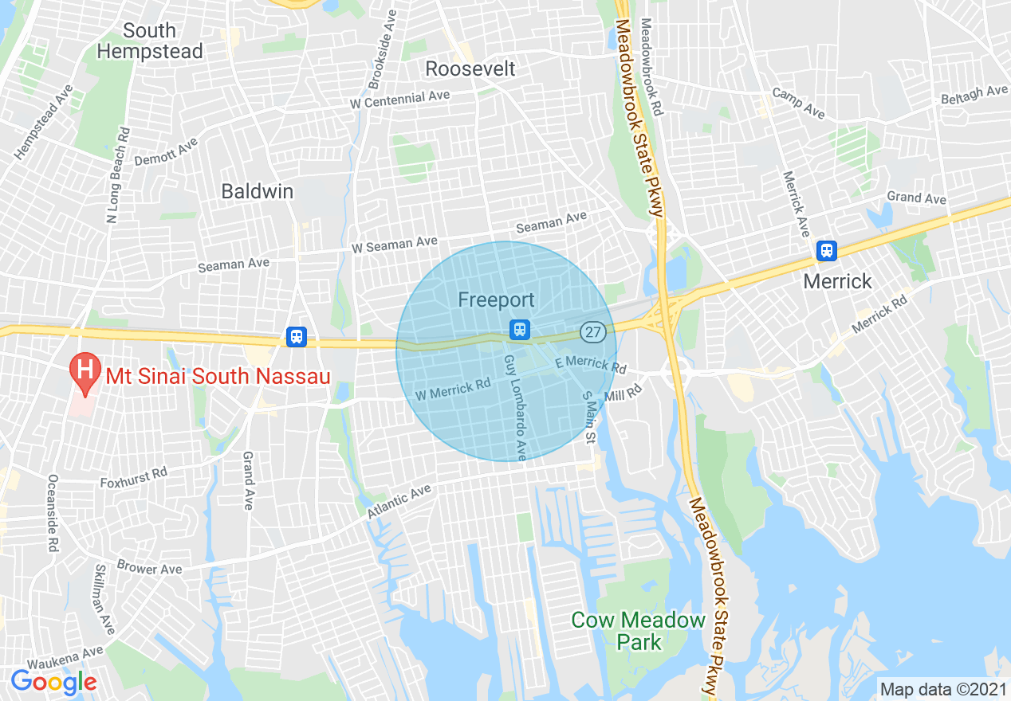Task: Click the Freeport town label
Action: click(496, 300)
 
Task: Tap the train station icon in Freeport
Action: click(520, 328)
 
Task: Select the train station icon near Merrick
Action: click(827, 251)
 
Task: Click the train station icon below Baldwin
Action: click(297, 337)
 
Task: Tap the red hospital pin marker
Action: click(83, 372)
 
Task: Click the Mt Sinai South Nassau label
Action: click(223, 377)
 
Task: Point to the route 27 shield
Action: click(592, 332)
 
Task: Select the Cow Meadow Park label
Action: click(639, 630)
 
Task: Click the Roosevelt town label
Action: click(470, 69)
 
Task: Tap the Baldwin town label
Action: click(258, 191)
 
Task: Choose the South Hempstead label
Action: click(150, 41)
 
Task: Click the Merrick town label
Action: click(838, 281)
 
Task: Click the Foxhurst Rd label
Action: click(134, 477)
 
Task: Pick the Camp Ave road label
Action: click(798, 104)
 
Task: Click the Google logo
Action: click(54, 682)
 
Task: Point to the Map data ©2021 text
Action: click(941, 688)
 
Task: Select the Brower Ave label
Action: click(150, 568)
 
